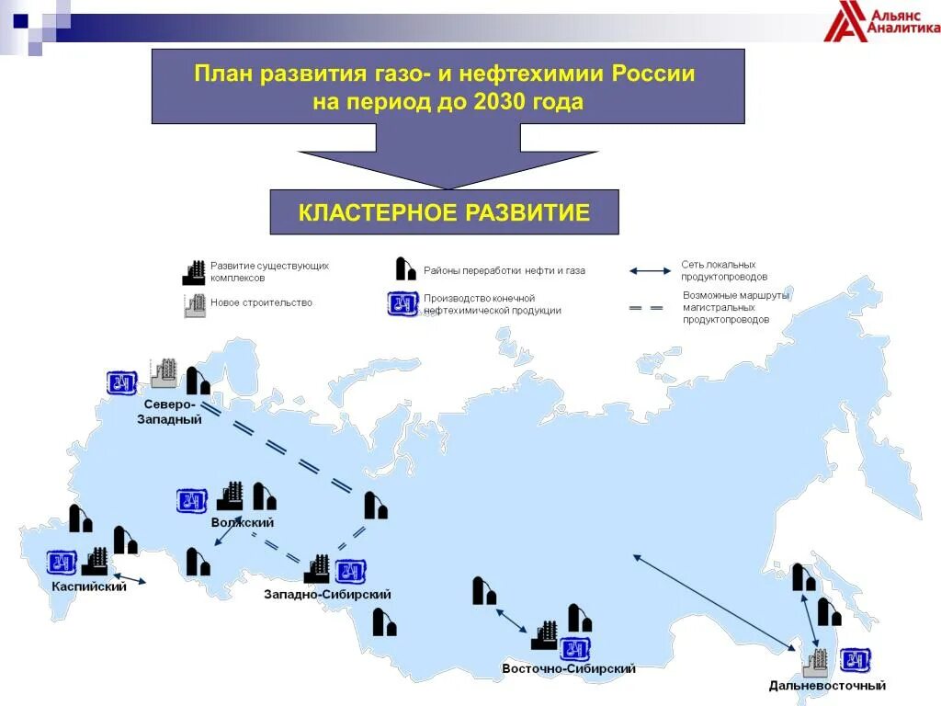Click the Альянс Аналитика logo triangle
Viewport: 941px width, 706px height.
pos(843,23)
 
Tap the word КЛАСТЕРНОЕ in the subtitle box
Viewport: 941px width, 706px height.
pos(378,213)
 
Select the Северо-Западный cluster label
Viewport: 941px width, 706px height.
pos(169,412)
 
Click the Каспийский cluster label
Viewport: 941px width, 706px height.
pos(89,586)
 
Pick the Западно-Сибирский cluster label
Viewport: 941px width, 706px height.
pos(327,594)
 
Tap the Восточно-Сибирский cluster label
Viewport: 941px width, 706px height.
pos(569,668)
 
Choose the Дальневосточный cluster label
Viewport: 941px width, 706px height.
pos(827,685)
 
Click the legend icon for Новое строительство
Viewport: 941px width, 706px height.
pos(195,305)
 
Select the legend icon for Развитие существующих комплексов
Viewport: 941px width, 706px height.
pos(194,272)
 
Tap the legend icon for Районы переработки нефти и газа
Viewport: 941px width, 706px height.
pos(405,268)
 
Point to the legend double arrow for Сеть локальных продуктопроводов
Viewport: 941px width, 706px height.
pos(652,271)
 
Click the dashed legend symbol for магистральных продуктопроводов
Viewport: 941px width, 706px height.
pos(646,308)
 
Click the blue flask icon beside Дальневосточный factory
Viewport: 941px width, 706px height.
pos(856,659)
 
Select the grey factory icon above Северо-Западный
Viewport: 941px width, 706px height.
pos(164,372)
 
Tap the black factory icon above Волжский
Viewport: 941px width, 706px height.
pos(230,496)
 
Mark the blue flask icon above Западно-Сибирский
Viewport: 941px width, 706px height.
pos(350,571)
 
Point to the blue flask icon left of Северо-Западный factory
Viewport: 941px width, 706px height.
pos(121,381)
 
